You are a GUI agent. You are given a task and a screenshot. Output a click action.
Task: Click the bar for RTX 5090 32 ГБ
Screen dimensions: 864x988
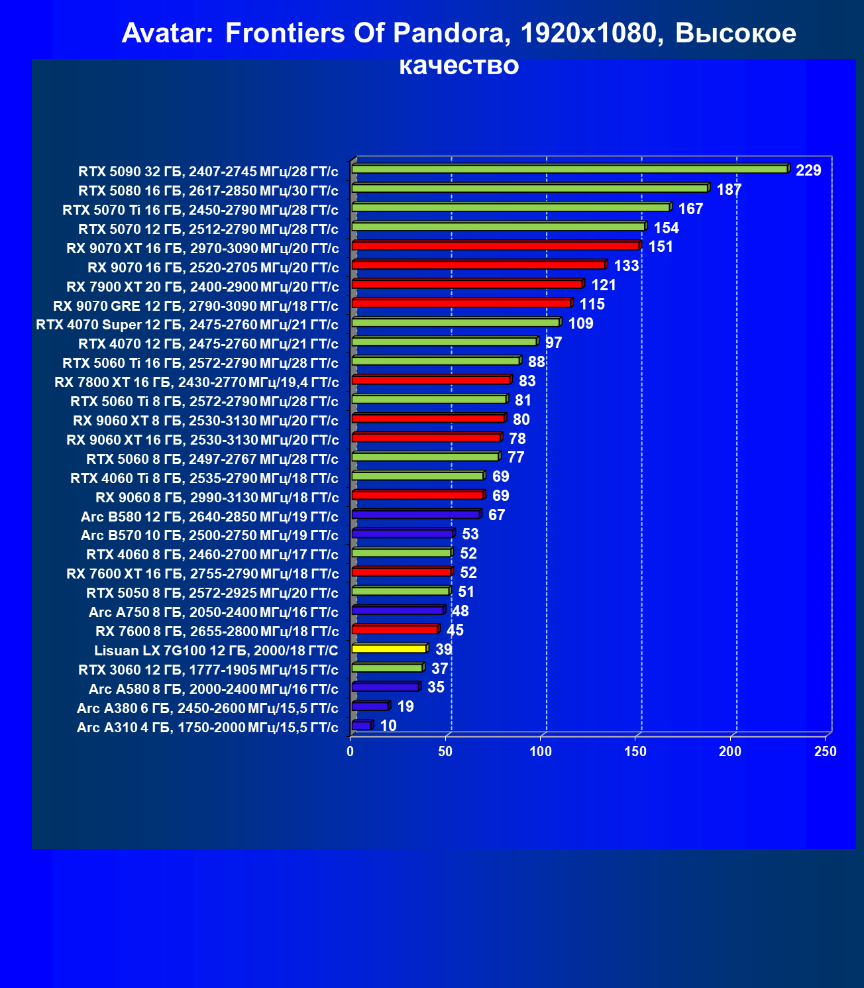(570, 168)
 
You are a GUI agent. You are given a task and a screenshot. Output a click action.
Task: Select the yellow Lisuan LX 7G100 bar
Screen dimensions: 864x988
(390, 648)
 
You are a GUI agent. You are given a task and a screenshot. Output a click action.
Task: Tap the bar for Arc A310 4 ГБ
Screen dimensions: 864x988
(362, 725)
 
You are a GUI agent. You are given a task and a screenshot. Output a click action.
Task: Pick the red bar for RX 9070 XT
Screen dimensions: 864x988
(497, 245)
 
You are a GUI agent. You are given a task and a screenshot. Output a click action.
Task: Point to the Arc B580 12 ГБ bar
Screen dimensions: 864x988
(417, 514)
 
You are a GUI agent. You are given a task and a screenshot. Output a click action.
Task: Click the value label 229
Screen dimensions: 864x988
(808, 170)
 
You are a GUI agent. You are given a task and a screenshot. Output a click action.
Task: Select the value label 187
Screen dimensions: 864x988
(729, 190)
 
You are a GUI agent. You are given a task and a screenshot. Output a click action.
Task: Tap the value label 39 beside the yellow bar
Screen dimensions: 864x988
(443, 649)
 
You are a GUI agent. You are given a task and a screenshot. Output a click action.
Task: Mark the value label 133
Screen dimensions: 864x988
(626, 266)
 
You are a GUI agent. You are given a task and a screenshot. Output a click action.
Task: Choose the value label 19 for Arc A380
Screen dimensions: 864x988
(405, 707)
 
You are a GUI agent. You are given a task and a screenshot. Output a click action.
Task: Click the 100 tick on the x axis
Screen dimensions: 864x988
(540, 751)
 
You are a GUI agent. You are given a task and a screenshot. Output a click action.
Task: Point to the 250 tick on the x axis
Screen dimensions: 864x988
(825, 751)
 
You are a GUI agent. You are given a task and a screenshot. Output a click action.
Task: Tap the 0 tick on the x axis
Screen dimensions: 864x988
(350, 751)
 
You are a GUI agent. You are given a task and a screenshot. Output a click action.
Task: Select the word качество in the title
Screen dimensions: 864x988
(459, 66)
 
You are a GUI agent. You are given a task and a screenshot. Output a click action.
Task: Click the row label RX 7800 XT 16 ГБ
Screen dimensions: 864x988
(115, 382)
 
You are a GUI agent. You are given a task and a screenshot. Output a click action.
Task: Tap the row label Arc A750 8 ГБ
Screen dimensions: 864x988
(136, 612)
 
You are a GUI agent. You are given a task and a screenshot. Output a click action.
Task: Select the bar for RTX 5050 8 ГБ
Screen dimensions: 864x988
(401, 590)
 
